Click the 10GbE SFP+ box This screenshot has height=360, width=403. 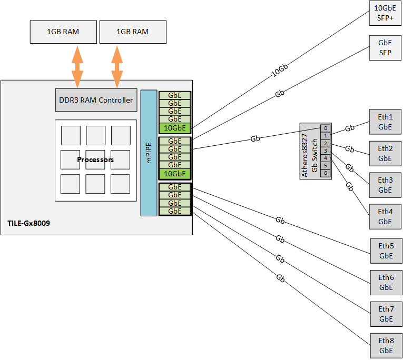[x=386, y=13]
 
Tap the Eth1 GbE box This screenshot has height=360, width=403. [x=386, y=122]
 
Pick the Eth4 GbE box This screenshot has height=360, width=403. [x=386, y=216]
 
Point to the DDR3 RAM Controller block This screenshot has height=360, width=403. [x=95, y=100]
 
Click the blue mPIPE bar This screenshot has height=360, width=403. [x=149, y=153]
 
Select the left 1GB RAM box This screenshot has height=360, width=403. [x=63, y=32]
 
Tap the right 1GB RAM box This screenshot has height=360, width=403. [x=133, y=32]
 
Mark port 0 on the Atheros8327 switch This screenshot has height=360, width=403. [x=326, y=128]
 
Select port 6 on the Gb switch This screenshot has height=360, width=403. [x=326, y=173]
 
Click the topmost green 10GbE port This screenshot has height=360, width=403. [x=175, y=127]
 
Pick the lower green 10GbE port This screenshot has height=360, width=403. [x=175, y=174]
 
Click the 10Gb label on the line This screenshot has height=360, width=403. [x=280, y=72]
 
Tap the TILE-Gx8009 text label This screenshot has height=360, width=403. [x=29, y=223]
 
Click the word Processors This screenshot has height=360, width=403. [x=95, y=159]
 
